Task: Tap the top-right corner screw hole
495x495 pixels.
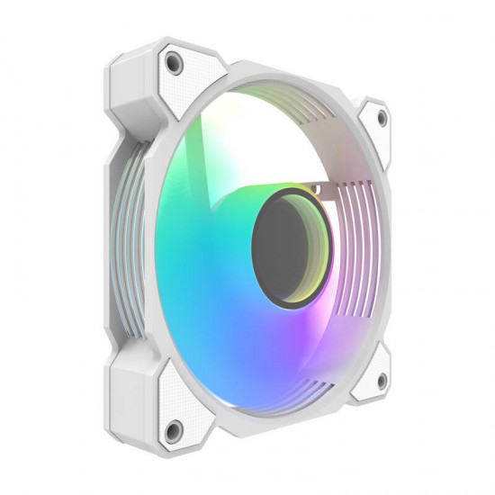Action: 381,118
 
